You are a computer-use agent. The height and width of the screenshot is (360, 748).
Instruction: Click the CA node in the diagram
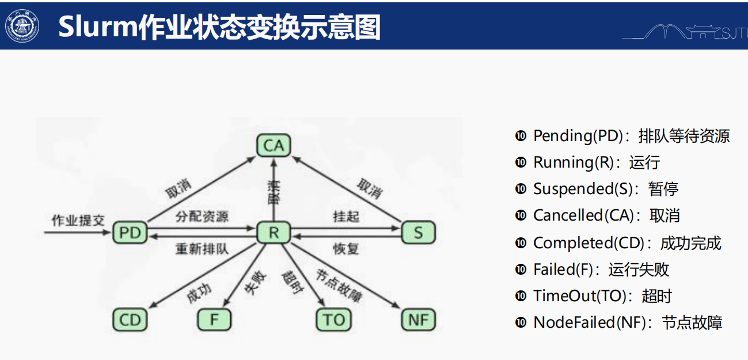click(x=274, y=146)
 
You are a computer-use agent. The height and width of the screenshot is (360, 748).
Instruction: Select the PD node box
click(x=130, y=233)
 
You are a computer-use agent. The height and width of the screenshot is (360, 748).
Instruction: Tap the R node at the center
click(x=274, y=233)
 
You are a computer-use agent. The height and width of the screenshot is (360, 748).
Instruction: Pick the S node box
click(x=418, y=233)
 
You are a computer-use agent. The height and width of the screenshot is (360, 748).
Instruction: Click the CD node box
click(x=130, y=320)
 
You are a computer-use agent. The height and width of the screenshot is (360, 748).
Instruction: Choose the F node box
click(x=214, y=320)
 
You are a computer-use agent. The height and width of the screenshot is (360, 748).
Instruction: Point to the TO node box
click(x=334, y=320)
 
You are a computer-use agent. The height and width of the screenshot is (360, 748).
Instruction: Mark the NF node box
click(x=418, y=320)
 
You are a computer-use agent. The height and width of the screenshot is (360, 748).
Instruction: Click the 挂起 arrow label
click(x=346, y=217)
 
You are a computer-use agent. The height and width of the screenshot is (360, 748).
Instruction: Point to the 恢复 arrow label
click(x=346, y=249)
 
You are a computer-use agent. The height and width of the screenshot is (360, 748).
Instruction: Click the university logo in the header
click(x=22, y=25)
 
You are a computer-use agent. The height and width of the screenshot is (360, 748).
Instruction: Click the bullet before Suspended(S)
click(x=521, y=189)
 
